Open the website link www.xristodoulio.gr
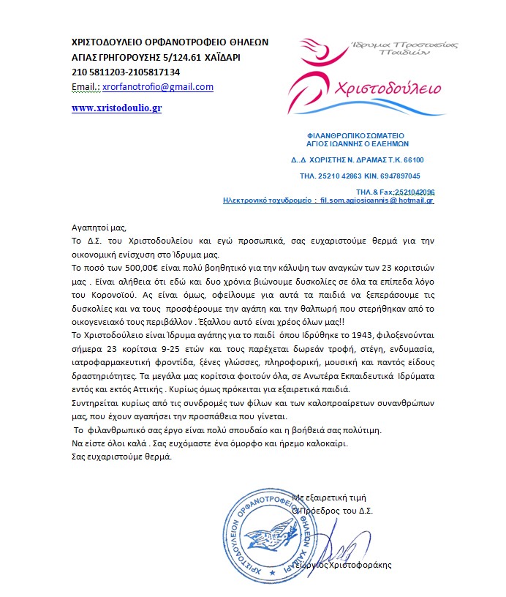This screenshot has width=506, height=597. point(116,108)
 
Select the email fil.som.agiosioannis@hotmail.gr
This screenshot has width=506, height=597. point(373,199)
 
